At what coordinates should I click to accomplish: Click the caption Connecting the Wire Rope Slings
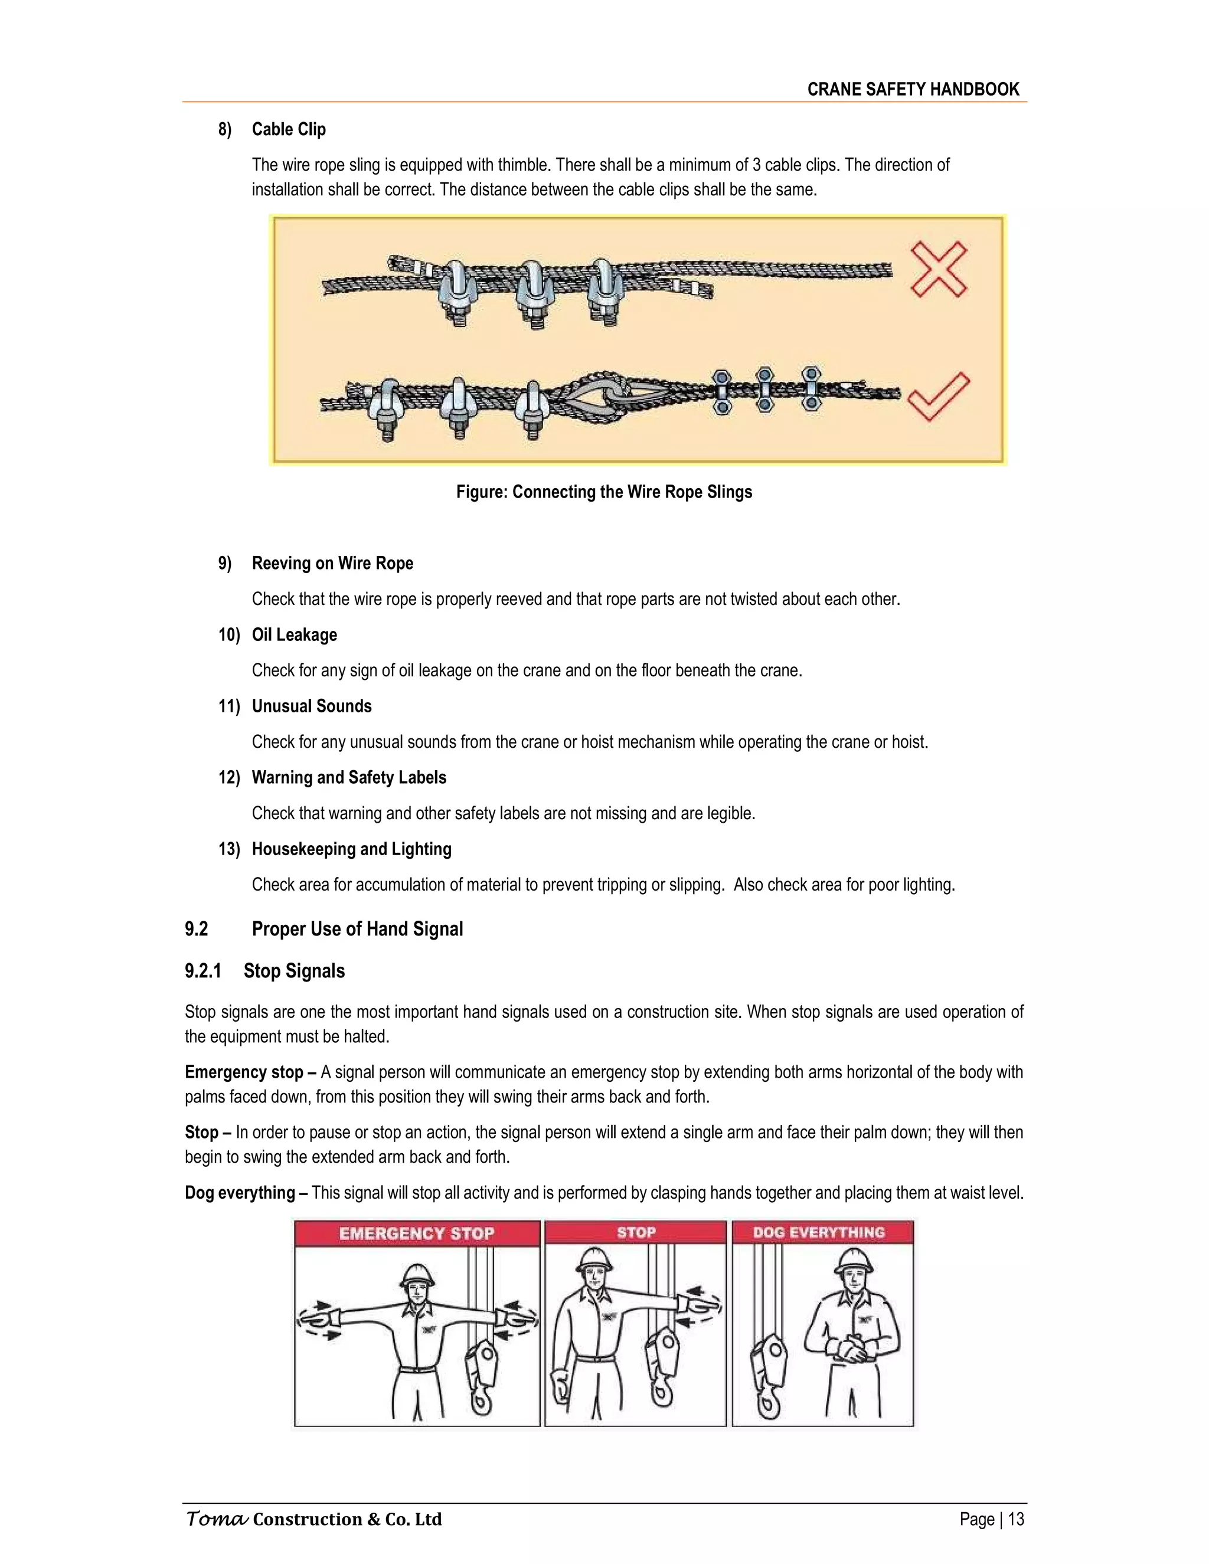tap(604, 492)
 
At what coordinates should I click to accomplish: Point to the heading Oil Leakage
tap(295, 634)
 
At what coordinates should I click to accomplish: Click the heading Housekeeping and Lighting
tap(352, 849)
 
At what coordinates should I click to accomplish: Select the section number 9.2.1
tap(202, 971)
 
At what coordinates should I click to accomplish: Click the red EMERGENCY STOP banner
tap(417, 1233)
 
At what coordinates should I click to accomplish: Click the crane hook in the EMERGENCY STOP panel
tap(481, 1375)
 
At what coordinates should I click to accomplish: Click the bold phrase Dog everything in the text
tap(240, 1192)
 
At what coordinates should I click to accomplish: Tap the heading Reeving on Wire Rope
tap(332, 563)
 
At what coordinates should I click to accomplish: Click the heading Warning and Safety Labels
tap(349, 778)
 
